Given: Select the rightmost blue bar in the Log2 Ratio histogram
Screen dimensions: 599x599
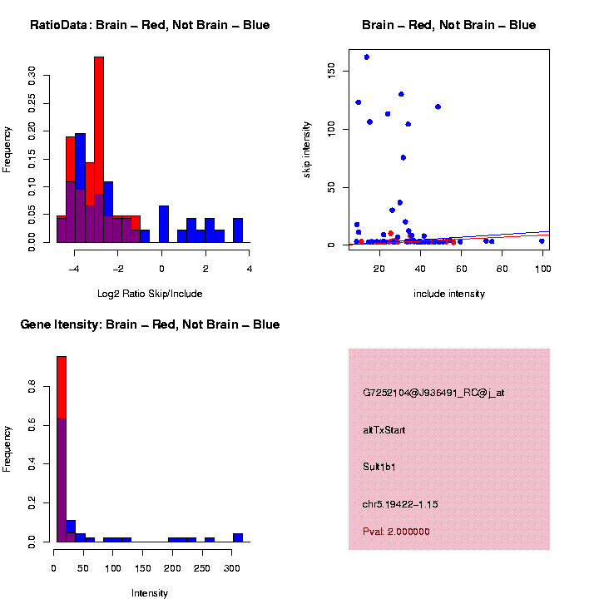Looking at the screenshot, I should pos(238,230).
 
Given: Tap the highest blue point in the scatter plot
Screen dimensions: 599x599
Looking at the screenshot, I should pos(366,57).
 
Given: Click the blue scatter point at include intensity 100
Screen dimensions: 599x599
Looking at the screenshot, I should pos(542,241).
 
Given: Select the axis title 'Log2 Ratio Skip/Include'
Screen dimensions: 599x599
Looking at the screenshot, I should pos(151,294).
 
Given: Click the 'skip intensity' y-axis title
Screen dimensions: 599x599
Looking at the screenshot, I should pos(307,149).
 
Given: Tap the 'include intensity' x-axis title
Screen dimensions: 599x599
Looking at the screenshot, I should pos(449,294).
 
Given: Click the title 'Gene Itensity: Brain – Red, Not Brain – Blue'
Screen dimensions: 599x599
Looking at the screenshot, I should pos(151,324).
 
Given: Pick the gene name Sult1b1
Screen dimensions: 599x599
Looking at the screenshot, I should pos(379,467).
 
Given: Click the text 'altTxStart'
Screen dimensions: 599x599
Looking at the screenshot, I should pos(384,430).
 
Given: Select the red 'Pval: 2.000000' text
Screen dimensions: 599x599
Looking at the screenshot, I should pos(397,532).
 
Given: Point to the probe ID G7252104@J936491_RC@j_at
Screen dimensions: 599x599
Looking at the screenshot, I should pos(433,393).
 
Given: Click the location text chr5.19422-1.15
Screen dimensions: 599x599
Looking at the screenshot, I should pos(400,504).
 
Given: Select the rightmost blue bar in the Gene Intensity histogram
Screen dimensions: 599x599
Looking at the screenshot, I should pos(238,537).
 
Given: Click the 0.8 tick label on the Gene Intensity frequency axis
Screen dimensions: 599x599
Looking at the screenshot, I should pos(32,387).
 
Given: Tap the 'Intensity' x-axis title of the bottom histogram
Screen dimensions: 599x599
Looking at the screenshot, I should pos(150,593).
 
